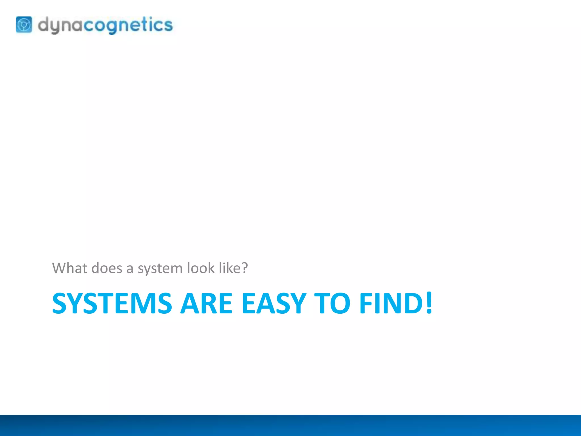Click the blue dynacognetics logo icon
click(24, 25)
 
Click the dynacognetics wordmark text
click(105, 25)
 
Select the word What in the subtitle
click(70, 268)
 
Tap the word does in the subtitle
click(107, 268)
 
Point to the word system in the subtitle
click(160, 269)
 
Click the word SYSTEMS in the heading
click(112, 303)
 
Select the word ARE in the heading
click(207, 303)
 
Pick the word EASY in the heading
click(274, 303)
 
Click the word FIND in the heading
click(391, 303)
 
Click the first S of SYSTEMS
click(60, 303)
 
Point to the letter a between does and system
click(130, 269)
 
